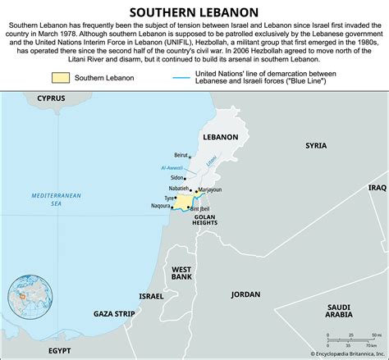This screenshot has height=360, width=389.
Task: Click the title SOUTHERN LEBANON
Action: pyautogui.click(x=194, y=11)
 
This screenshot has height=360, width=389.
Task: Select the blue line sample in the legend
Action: pyautogui.click(x=185, y=78)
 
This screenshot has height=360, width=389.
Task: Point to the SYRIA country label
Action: pyautogui.click(x=315, y=145)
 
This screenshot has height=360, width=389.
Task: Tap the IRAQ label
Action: pyautogui.click(x=377, y=187)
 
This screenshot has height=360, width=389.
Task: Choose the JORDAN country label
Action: pyautogui.click(x=245, y=294)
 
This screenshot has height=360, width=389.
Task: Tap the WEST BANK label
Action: pyautogui.click(x=181, y=273)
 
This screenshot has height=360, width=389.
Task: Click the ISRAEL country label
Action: pyautogui.click(x=151, y=295)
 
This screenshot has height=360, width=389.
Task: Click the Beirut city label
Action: pyautogui.click(x=181, y=155)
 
